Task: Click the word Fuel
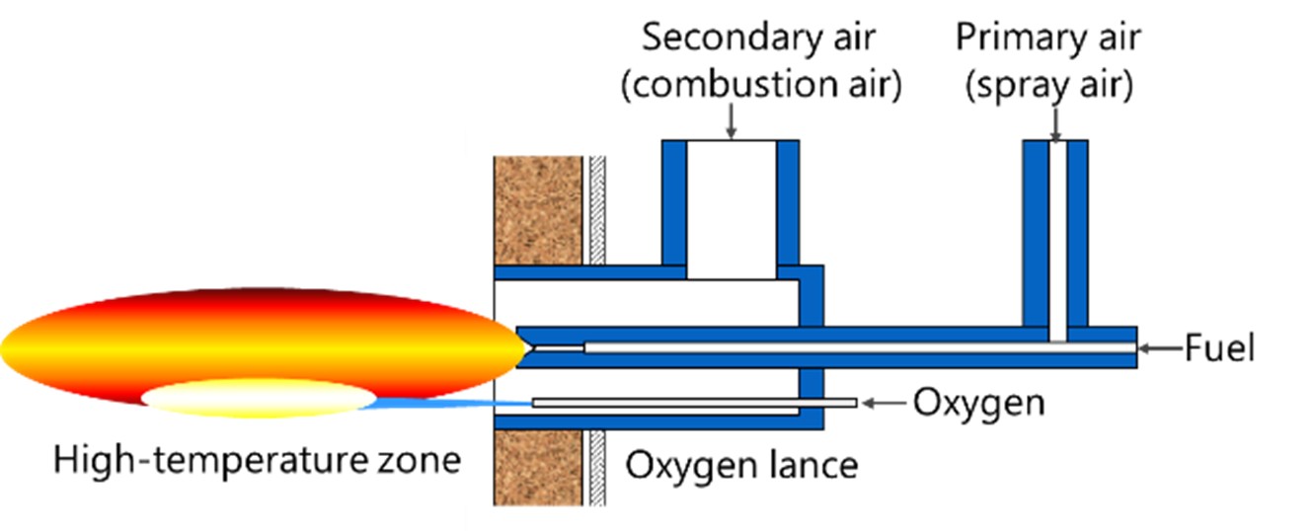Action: (x=1219, y=348)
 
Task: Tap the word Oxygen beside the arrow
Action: (x=978, y=403)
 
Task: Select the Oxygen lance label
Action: (x=741, y=463)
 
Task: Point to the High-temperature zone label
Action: (x=258, y=459)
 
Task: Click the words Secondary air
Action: (x=759, y=38)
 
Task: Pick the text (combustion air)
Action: (x=760, y=86)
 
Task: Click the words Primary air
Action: (x=1048, y=38)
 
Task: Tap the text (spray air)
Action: (x=1048, y=86)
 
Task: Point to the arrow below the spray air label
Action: (x=1055, y=122)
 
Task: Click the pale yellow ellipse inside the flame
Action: (x=259, y=399)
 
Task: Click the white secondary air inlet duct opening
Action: (x=732, y=207)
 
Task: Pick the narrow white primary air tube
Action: (x=1056, y=237)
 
